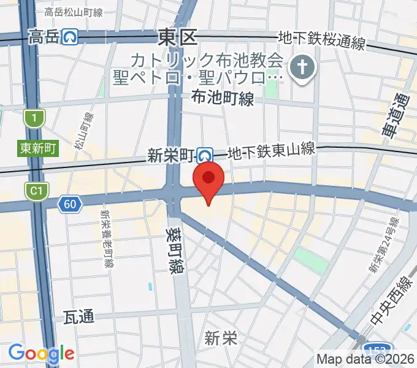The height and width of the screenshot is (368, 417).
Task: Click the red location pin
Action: tap(208, 178)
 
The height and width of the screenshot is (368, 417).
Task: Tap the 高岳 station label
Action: tap(43, 38)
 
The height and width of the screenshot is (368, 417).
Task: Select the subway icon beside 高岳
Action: tap(70, 38)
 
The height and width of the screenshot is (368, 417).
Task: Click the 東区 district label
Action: tap(177, 37)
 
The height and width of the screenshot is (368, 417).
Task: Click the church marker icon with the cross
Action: tap(302, 69)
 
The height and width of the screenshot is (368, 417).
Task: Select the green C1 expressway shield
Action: tap(35, 191)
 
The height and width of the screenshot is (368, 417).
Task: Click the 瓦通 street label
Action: tap(79, 317)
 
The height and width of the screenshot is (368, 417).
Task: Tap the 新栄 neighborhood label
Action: tap(221, 337)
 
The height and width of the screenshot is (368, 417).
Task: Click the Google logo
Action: tap(41, 353)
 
